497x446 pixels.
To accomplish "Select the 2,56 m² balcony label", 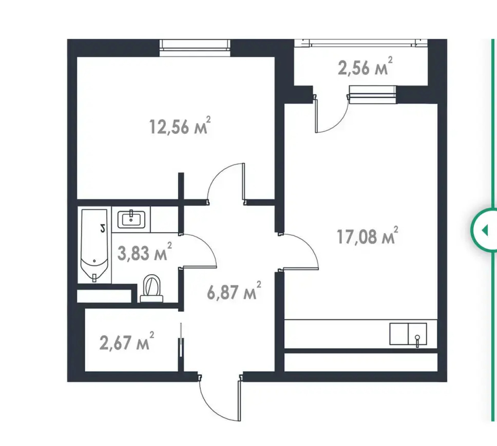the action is pyautogui.click(x=365, y=66).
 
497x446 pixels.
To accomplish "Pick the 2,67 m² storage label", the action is pyautogui.click(x=127, y=341).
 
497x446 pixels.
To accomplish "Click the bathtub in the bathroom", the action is pyautogui.click(x=94, y=245).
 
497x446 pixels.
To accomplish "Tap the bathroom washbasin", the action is pyautogui.click(x=131, y=219).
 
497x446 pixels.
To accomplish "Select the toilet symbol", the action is pyautogui.click(x=152, y=288).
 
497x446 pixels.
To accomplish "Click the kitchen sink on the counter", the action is pyautogui.click(x=408, y=334).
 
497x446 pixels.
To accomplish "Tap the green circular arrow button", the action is pyautogui.click(x=484, y=230).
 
